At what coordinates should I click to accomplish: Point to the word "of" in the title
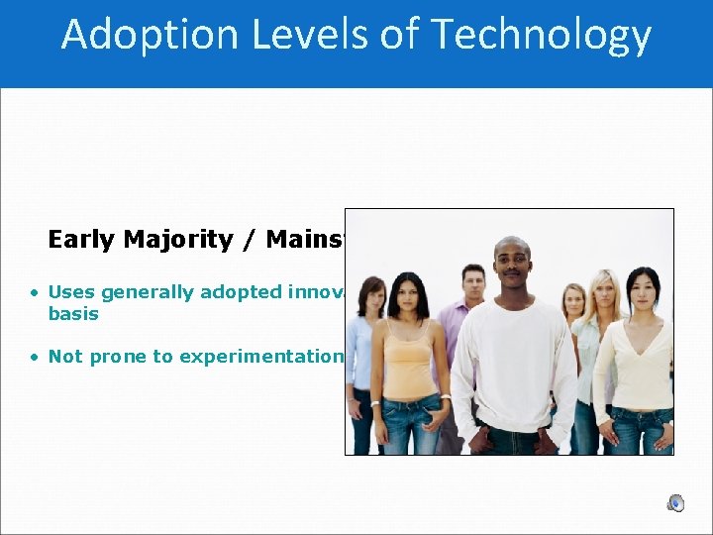click(x=392, y=35)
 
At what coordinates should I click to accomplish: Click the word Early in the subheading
click(x=79, y=240)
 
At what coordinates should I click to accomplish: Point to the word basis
click(x=73, y=313)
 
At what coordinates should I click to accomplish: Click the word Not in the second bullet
click(x=65, y=357)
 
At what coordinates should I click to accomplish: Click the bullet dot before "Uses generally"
click(x=34, y=292)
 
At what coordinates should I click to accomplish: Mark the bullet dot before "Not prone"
click(x=34, y=357)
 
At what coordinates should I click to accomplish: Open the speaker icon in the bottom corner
click(x=675, y=503)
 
